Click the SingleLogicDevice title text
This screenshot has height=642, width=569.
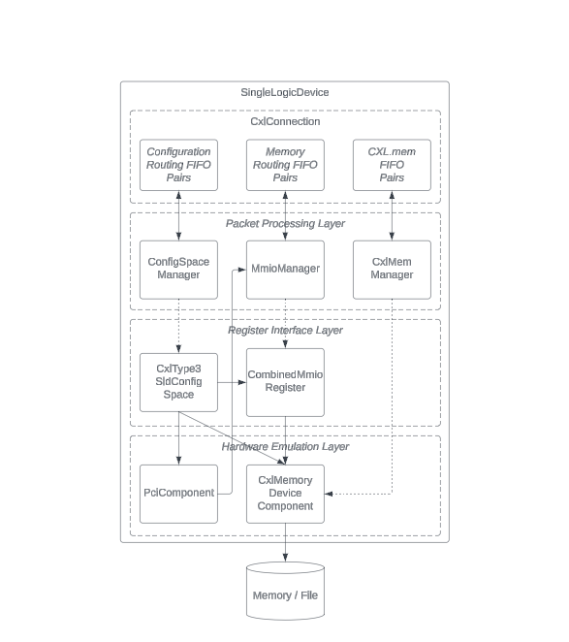click(285, 92)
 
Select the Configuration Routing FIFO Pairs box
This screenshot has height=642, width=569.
click(178, 165)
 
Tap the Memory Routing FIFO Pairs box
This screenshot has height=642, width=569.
click(285, 165)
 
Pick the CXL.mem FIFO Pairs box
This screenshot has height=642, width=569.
click(392, 165)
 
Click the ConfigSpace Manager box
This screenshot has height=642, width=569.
click(178, 270)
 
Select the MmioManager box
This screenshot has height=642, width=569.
click(285, 270)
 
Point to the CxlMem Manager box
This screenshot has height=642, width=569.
click(392, 270)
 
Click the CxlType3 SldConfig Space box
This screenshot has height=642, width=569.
click(178, 382)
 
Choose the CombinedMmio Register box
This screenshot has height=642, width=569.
click(285, 382)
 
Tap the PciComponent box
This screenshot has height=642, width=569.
click(178, 494)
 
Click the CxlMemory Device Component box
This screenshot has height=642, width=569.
click(285, 494)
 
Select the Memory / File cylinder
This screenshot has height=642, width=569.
click(285, 591)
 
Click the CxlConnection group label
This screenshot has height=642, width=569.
click(285, 121)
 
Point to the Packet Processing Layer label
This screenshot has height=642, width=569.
click(285, 224)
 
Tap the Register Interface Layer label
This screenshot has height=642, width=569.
click(285, 330)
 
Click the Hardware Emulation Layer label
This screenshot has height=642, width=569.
click(285, 447)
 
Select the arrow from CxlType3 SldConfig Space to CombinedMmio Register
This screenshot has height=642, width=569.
click(232, 382)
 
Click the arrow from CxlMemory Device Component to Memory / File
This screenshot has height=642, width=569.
click(285, 542)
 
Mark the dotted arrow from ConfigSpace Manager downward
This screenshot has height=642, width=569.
click(178, 326)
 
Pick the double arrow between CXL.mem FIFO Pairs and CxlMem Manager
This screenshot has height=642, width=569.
click(392, 215)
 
